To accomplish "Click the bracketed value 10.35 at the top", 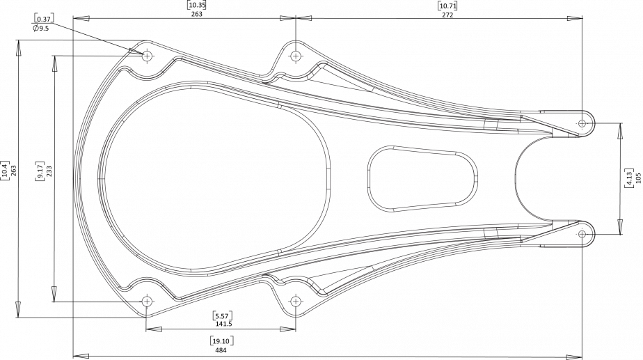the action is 196,6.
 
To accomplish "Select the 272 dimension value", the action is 447,15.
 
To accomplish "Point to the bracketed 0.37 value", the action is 43,19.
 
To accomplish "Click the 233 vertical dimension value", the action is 49,171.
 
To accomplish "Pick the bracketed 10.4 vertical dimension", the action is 4,171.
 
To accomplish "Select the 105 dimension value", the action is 637,178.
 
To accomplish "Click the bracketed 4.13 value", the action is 628,178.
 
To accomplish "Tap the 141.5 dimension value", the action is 223,324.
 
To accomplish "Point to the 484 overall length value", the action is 220,350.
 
